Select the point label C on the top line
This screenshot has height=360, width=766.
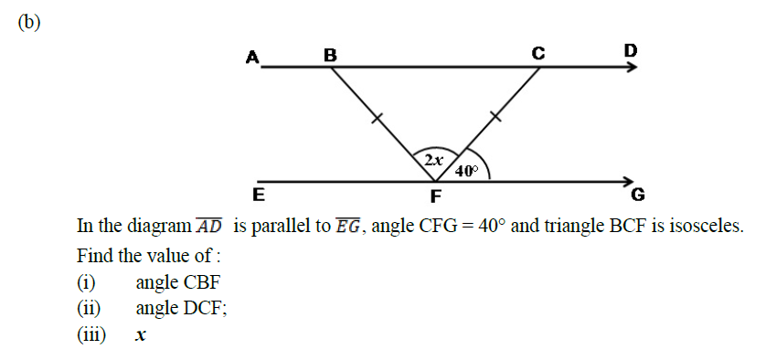point(539,53)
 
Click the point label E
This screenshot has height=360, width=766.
point(259,194)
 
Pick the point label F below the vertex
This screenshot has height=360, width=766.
point(436,196)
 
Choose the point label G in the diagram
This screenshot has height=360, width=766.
point(638,195)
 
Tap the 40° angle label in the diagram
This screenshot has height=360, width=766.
point(465,171)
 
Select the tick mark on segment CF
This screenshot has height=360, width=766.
point(495,115)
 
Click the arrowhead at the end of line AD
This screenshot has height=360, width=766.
point(631,68)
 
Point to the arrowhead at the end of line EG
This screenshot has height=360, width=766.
point(629,181)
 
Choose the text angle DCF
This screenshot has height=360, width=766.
point(181,308)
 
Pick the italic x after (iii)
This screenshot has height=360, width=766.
point(141,335)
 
